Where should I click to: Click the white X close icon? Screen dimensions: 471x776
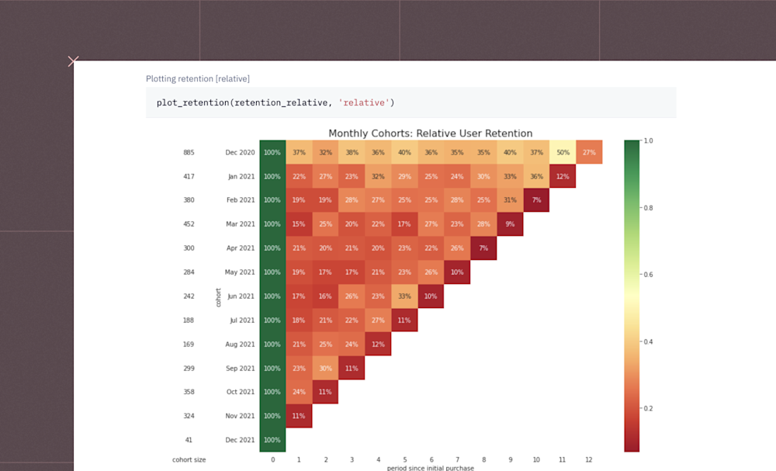(73, 61)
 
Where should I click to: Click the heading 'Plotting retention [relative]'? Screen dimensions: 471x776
(197, 79)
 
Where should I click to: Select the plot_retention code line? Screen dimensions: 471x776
(275, 102)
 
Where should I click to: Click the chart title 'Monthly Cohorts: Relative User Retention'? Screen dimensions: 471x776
(430, 133)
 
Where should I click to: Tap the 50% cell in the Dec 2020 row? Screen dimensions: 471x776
(563, 152)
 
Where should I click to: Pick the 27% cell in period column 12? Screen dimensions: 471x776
(589, 152)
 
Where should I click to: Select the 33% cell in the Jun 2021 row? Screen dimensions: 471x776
(404, 296)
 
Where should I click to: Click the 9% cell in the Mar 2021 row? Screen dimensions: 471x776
(510, 224)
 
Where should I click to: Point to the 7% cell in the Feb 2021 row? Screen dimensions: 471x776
(536, 200)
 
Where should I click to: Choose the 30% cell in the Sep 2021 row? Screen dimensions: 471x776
(325, 368)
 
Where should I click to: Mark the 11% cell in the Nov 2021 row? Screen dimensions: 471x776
(299, 416)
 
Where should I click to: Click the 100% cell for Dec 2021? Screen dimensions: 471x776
(272, 440)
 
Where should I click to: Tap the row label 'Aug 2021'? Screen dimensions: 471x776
(241, 344)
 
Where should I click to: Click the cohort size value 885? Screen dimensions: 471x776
(189, 153)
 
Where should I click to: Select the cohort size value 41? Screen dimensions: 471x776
(189, 440)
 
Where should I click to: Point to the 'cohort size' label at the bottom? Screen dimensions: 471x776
(189, 460)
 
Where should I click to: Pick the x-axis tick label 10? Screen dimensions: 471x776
(536, 460)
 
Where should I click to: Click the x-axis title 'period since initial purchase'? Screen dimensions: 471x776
(430, 468)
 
